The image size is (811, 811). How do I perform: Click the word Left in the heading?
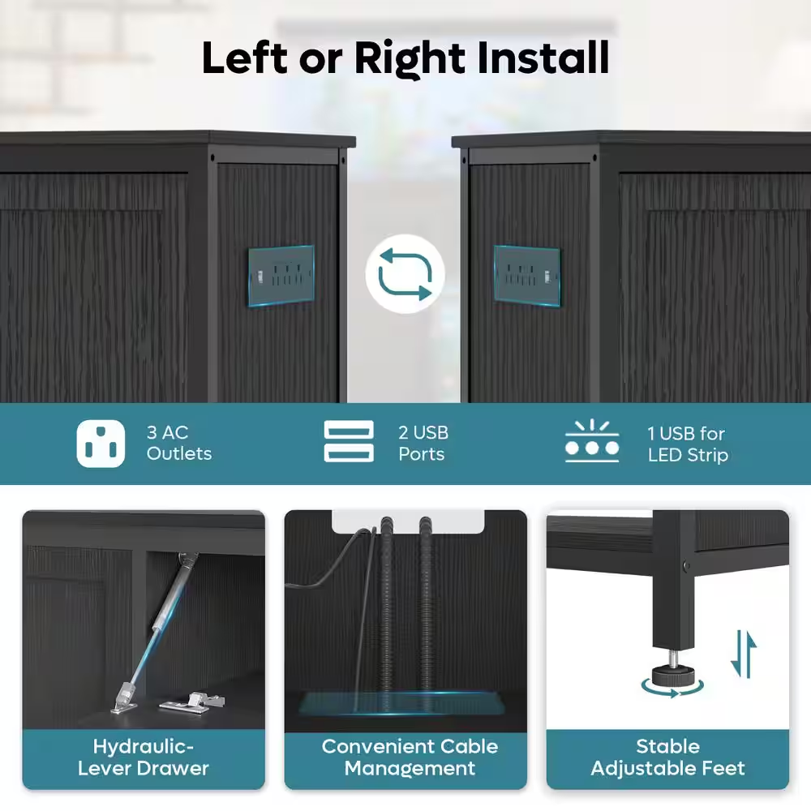(x=245, y=58)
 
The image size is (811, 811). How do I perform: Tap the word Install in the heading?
(x=543, y=58)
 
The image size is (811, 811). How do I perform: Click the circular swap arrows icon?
(x=405, y=274)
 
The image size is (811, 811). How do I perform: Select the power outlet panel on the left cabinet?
(x=281, y=276)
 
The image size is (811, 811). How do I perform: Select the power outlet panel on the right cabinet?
(x=527, y=276)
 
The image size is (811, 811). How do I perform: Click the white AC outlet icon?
(x=101, y=444)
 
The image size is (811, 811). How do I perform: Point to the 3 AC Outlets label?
(x=179, y=443)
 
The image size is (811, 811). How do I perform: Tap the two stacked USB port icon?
(x=349, y=441)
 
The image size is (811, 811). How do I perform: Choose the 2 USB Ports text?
(x=423, y=444)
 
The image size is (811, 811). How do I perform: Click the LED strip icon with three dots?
(x=592, y=441)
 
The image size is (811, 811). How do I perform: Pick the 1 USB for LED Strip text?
(x=688, y=444)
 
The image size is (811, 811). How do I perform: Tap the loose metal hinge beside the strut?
(x=192, y=703)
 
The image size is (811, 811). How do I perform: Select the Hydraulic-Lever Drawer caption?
(x=144, y=757)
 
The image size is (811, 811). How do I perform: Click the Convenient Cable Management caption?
(x=410, y=757)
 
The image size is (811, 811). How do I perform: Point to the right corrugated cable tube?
(x=426, y=605)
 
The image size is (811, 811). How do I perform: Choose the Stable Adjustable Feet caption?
(x=667, y=757)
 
